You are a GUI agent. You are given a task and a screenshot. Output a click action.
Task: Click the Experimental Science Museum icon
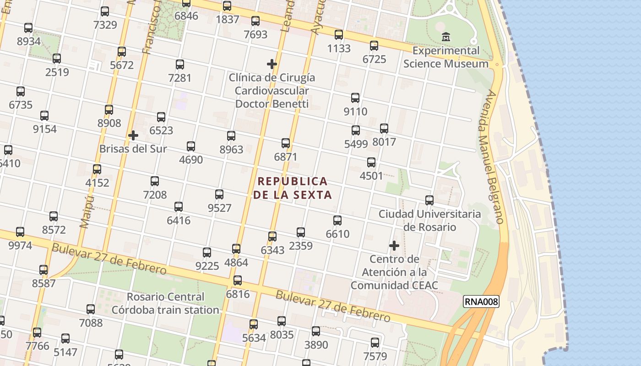click(x=445, y=36)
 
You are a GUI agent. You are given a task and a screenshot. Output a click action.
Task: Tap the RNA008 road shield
click(x=481, y=301)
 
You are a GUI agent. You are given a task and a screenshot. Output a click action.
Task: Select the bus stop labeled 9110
click(x=355, y=98)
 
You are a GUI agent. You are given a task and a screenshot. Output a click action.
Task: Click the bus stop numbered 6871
click(x=286, y=143)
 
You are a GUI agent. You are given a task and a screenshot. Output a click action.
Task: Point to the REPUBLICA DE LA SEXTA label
click(x=292, y=188)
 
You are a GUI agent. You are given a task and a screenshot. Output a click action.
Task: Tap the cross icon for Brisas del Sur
click(x=133, y=135)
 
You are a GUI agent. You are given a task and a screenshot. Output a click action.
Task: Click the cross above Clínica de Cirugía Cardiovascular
click(x=272, y=64)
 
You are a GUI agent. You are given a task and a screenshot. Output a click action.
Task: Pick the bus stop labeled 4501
click(x=371, y=162)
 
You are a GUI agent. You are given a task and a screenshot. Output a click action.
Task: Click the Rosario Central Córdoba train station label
click(x=166, y=303)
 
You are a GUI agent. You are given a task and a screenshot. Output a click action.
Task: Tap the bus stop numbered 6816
click(x=238, y=280)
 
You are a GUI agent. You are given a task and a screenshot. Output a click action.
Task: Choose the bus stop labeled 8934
click(x=28, y=28)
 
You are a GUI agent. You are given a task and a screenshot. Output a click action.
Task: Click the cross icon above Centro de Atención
click(x=394, y=246)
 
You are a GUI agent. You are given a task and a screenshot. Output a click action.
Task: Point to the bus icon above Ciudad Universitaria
click(x=429, y=200)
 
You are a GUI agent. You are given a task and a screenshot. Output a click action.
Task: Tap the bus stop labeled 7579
click(x=375, y=343)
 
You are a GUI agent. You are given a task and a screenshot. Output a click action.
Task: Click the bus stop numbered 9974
click(x=20, y=232)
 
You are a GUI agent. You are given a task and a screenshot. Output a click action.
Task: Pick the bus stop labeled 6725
click(x=374, y=46)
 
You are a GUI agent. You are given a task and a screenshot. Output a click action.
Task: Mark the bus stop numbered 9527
click(x=219, y=194)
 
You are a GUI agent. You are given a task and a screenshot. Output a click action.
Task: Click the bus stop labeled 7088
click(x=91, y=309)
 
